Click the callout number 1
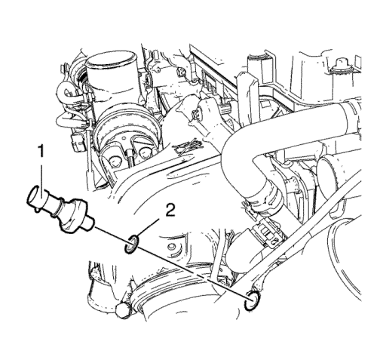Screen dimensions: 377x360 41,152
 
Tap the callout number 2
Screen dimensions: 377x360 170,211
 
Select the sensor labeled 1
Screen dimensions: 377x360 60,208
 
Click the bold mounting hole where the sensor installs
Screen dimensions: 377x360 251,301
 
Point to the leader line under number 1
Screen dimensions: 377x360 41,177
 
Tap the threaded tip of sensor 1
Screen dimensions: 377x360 89,223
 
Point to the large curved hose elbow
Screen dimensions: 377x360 241,161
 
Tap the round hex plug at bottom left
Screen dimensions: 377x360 122,312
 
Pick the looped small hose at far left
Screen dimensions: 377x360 66,97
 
